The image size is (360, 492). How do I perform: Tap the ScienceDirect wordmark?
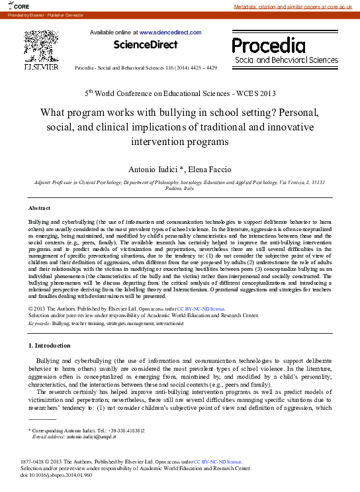point(146,45)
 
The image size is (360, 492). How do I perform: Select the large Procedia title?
point(269,45)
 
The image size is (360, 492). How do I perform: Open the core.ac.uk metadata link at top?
point(296,7)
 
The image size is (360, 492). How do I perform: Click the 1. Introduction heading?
point(50,346)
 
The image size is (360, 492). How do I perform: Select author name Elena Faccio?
point(210,170)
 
